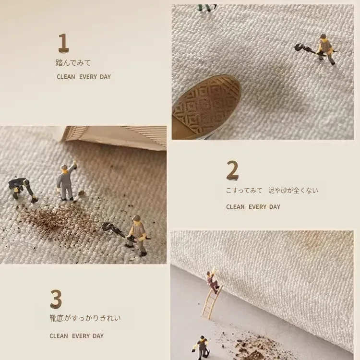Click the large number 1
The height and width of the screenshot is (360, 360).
[63, 43]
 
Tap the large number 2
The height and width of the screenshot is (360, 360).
[232, 170]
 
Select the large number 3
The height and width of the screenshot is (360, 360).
[56, 299]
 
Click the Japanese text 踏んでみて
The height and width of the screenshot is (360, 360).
[73, 63]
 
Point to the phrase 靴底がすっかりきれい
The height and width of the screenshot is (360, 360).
[85, 318]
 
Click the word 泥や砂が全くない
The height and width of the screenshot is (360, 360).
[293, 191]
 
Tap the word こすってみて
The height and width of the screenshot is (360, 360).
[244, 191]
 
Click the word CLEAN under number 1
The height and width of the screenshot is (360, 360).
[66, 77]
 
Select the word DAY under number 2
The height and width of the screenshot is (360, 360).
[275, 207]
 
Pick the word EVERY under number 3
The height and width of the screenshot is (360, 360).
[81, 336]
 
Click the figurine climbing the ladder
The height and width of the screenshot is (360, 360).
[213, 281]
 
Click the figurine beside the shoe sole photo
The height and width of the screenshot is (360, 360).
[325, 49]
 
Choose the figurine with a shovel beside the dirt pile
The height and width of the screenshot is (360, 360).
[137, 236]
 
